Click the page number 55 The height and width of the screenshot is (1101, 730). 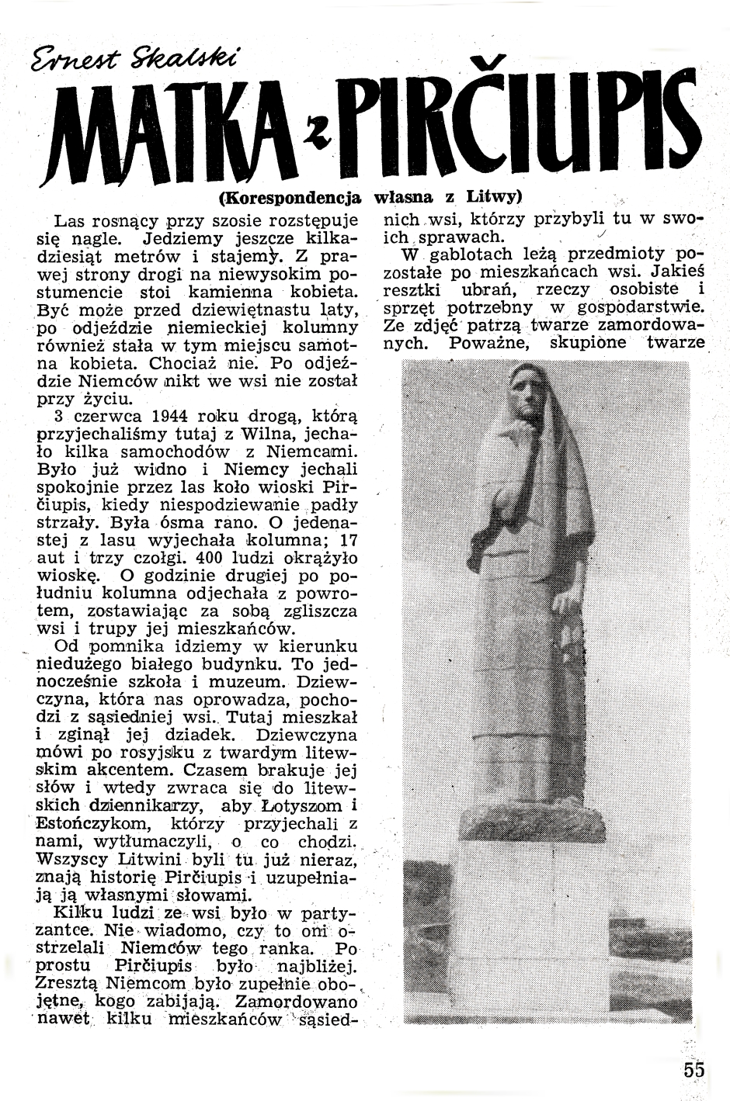tap(694, 1069)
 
